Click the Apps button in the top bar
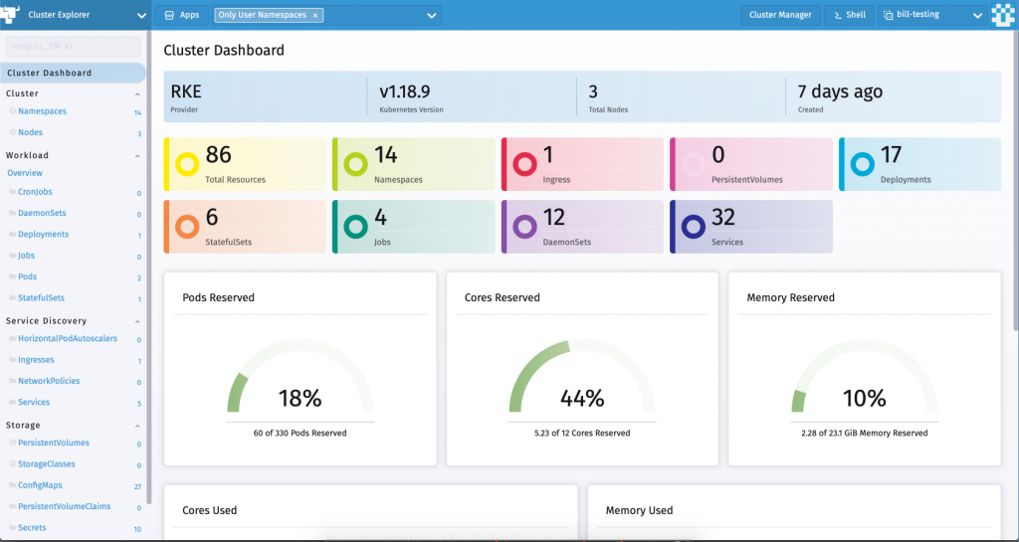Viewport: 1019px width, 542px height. (181, 15)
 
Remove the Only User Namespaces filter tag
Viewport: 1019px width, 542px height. (315, 16)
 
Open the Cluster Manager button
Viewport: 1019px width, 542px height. (780, 15)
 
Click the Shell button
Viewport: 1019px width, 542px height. (849, 15)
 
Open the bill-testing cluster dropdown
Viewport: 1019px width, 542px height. (929, 15)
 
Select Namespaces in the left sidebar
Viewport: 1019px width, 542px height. (42, 111)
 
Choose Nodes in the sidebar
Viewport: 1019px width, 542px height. (30, 132)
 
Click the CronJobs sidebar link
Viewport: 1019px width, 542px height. (35, 193)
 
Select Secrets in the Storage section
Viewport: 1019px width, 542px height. (32, 528)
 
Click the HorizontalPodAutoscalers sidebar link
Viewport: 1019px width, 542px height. (67, 339)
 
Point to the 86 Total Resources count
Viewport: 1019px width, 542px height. (218, 155)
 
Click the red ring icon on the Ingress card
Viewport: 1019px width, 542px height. (523, 165)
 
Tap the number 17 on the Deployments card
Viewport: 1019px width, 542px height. (891, 155)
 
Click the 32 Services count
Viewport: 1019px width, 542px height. (723, 217)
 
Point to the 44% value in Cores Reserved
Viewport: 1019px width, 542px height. (582, 399)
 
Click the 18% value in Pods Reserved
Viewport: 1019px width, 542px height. (300, 399)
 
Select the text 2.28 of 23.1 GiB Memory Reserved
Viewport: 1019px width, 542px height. (864, 434)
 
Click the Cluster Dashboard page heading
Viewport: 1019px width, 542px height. (223, 51)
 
